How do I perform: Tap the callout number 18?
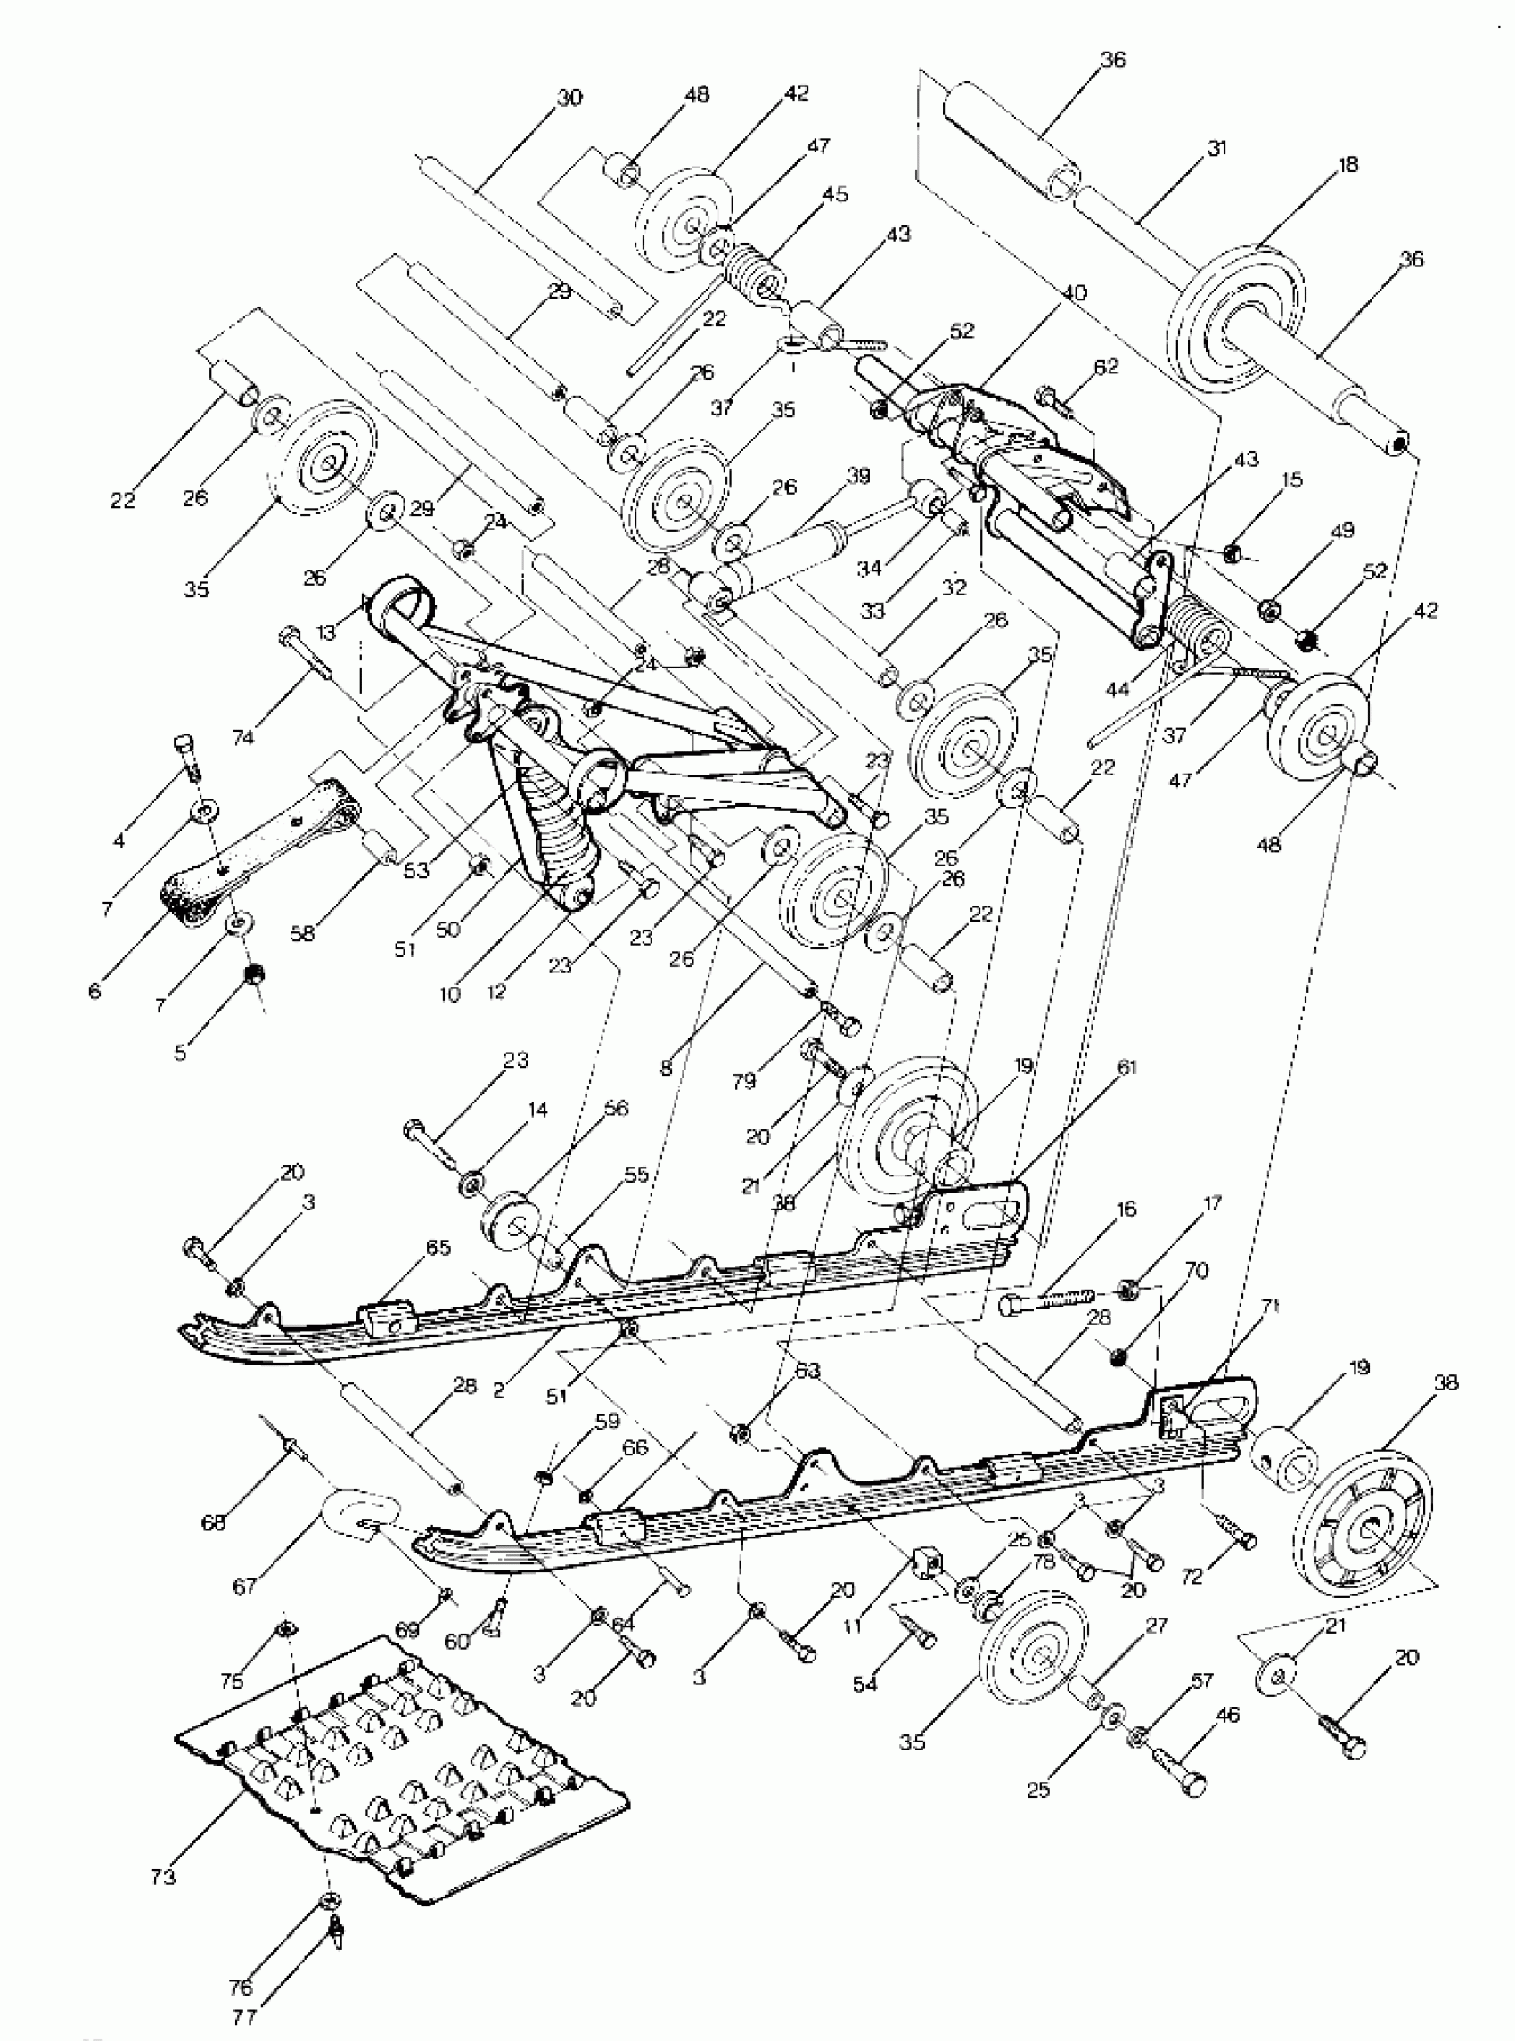tap(1347, 165)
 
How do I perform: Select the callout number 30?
tap(569, 98)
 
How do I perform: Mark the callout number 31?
tap(1216, 148)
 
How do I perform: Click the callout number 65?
tap(438, 1248)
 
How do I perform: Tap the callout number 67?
tap(245, 1586)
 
